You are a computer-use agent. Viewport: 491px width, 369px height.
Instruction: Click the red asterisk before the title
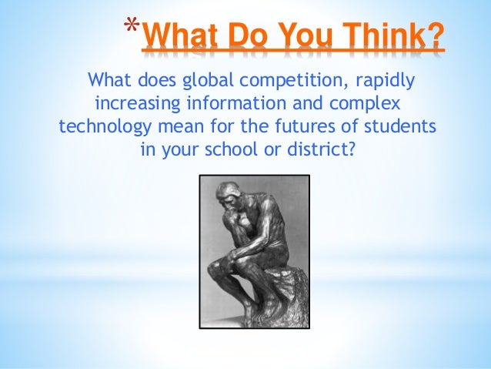(132, 29)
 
